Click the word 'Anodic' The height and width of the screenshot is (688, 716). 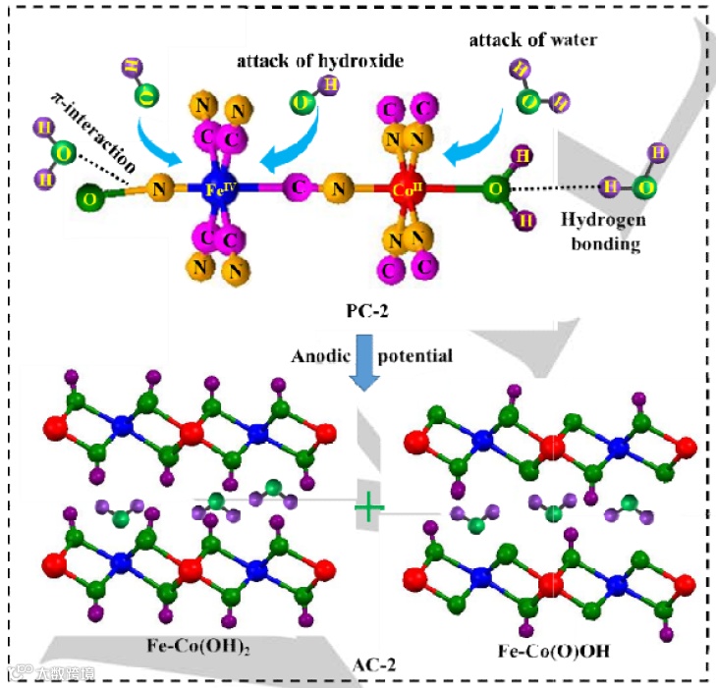tap(318, 355)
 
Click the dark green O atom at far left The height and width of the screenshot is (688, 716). tap(90, 200)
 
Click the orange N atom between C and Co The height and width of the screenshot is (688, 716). tap(339, 185)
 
